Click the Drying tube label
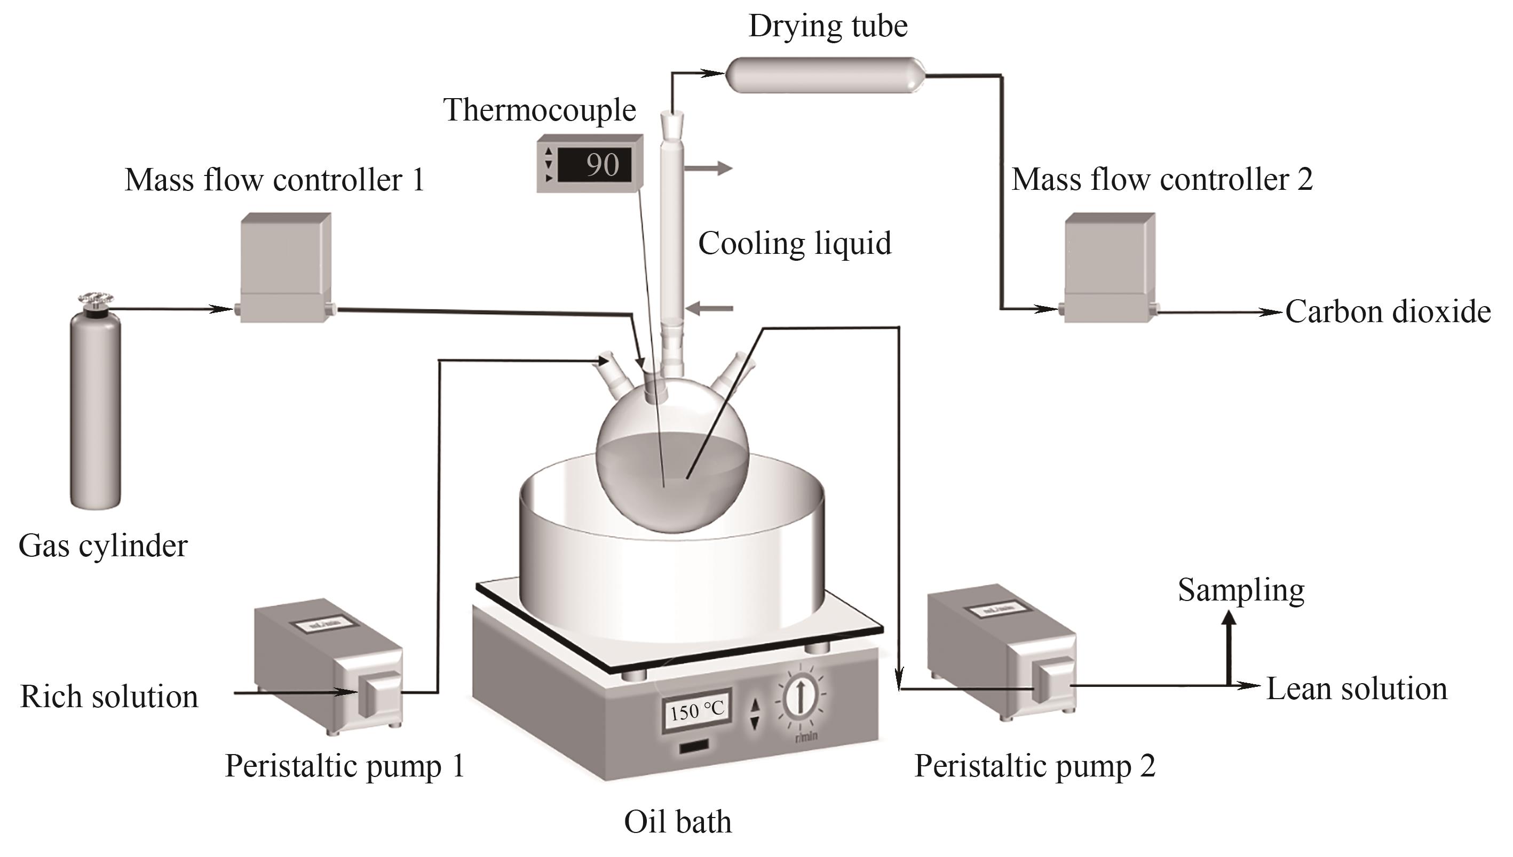tap(827, 27)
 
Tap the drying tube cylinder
tap(825, 75)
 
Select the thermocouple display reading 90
tap(590, 164)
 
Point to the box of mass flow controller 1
tap(286, 268)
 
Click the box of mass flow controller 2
tap(1110, 268)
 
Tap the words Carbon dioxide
tap(1388, 312)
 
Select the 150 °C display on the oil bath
tap(696, 711)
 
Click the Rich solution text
tap(109, 697)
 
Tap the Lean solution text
tap(1356, 688)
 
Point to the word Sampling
tap(1241, 590)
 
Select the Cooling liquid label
tap(795, 244)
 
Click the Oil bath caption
tap(677, 822)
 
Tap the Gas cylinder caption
tap(103, 546)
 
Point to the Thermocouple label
tap(540, 110)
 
